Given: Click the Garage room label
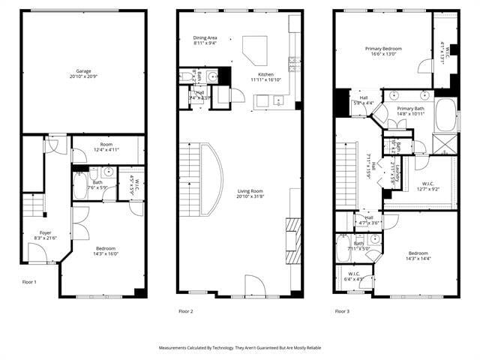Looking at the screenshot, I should click(83, 72).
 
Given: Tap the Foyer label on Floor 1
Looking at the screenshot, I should click(46, 233).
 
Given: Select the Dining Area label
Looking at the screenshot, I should click(205, 37).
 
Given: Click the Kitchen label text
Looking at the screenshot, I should click(266, 74).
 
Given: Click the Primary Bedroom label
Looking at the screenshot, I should click(382, 49).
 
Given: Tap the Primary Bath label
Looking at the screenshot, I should click(410, 109).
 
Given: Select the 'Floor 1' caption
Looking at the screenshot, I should click(29, 281).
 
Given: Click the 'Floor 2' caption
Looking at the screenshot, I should click(186, 310).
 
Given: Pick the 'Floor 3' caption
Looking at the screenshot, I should click(343, 310).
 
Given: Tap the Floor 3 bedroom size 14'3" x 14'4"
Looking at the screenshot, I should click(419, 259).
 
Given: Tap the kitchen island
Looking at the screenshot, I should click(256, 53).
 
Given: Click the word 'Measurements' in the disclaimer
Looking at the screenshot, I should click(176, 348).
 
